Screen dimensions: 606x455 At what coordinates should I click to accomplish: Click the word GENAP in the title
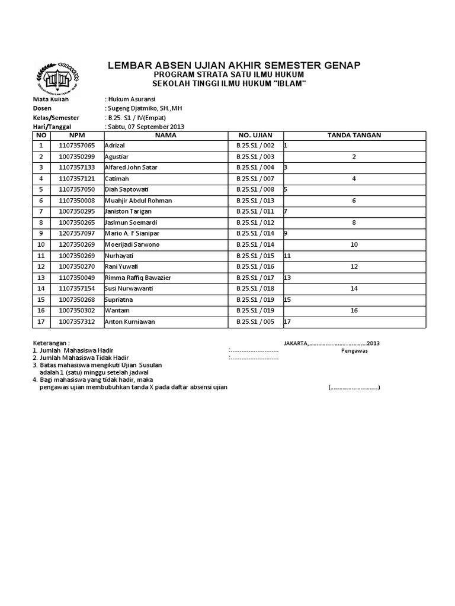(339, 65)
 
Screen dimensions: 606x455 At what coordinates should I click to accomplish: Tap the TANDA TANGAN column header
(354, 135)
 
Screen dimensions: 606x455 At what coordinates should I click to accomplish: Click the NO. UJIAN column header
(255, 135)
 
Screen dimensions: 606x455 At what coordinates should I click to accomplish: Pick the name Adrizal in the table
(115, 146)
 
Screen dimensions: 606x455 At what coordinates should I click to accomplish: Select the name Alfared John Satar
(127, 167)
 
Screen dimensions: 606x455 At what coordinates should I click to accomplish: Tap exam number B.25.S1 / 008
(255, 190)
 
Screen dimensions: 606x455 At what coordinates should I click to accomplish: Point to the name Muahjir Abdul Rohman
(138, 201)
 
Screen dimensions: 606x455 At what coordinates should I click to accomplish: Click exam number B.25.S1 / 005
(255, 322)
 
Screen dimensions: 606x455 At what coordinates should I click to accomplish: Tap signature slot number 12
(354, 267)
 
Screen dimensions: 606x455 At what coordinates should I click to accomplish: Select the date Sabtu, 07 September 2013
(146, 127)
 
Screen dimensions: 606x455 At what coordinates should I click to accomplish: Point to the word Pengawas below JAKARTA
(354, 350)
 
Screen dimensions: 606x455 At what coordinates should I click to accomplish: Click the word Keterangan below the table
(51, 343)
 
